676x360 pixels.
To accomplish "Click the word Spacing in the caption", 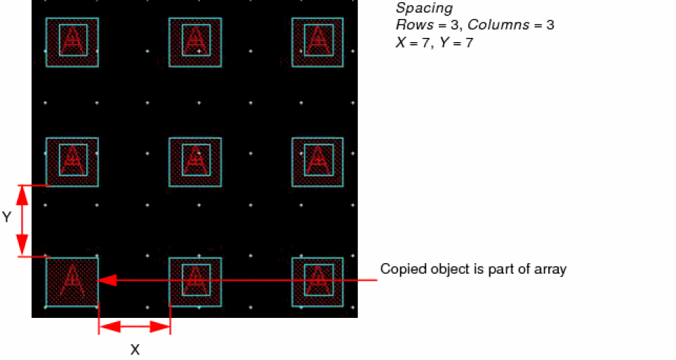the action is (424, 8).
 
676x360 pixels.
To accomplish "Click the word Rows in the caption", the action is (409, 25).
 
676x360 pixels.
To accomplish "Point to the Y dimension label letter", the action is (6, 217).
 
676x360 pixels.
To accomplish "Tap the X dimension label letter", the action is (135, 349).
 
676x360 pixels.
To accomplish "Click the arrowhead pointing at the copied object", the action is (107, 280).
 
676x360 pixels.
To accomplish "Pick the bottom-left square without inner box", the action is (72, 282).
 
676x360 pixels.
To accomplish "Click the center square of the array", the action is (195, 162).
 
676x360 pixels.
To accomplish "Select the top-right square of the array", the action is (318, 42).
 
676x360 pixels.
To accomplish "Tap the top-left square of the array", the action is (72, 42).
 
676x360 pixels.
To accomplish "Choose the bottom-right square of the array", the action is (318, 282).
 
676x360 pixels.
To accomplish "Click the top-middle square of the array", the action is (195, 42).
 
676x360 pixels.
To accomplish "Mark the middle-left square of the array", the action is (72, 162).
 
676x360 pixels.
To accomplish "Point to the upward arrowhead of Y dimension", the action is (22, 195).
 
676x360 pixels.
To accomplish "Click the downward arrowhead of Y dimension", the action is (22, 246).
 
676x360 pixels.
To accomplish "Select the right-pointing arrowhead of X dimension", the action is (160, 327).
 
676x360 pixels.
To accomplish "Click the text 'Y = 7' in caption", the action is (456, 43).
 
